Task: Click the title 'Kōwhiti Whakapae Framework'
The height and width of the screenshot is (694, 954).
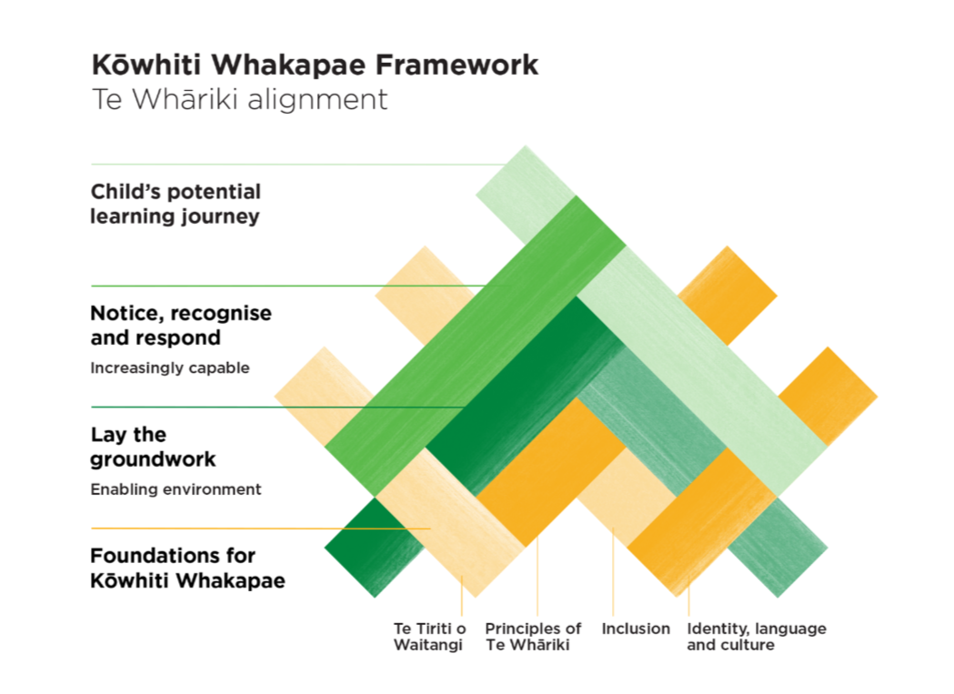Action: point(315,65)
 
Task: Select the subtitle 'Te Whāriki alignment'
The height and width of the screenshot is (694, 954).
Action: point(239,99)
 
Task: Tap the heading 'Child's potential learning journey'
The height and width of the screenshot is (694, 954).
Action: point(176,205)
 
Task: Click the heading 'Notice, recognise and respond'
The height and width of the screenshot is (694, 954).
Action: point(181,326)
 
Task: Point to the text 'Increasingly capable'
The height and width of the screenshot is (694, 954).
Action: point(169,368)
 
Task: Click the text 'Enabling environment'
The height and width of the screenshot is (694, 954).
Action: point(176,489)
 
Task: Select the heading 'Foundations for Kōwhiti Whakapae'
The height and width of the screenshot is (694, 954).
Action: point(187,568)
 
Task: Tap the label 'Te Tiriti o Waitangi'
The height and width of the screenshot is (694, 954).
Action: point(429,637)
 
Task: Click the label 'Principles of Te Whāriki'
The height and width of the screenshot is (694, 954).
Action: point(533,637)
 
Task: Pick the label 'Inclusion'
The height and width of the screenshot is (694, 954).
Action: point(636,629)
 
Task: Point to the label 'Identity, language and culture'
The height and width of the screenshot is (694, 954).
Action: point(757,637)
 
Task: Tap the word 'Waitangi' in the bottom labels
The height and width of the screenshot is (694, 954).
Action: point(427,646)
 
